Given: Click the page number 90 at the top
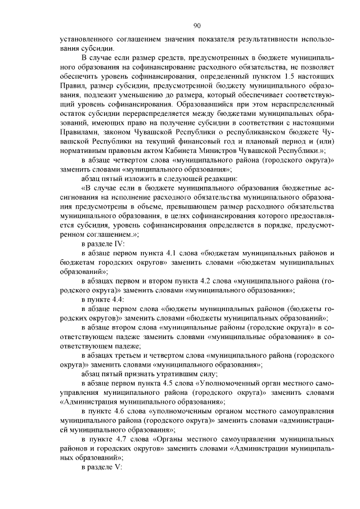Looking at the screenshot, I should click(197, 25).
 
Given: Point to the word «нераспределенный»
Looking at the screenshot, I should click(295, 105).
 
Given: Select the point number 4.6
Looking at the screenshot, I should click(123, 412).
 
